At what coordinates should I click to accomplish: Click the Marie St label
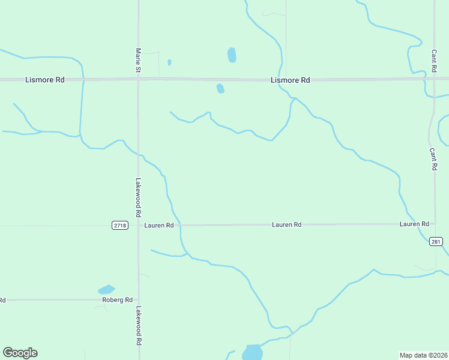pos(138,61)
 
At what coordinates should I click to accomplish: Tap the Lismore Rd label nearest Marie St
pos(45,80)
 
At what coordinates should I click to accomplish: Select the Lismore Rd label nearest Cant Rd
pos(291,80)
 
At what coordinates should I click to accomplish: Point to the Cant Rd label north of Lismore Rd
pos(433,61)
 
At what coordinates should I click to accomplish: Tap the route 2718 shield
pos(119,225)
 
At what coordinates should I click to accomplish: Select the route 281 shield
pos(436,242)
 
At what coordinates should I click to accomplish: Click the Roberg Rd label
pos(117,300)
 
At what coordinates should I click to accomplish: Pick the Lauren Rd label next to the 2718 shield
pos(159,225)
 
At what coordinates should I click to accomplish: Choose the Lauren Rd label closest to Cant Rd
pos(414,224)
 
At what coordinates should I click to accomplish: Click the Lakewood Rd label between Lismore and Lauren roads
pos(138,197)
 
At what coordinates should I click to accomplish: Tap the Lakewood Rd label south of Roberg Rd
pos(138,326)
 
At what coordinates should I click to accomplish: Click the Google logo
pos(20,353)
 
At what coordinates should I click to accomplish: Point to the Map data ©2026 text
pos(423,355)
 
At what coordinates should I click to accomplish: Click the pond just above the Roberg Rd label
pos(107,290)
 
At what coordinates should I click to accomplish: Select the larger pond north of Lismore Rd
pos(232,55)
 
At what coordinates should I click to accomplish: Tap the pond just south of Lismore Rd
pos(220,89)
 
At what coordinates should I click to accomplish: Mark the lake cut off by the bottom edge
pos(253,352)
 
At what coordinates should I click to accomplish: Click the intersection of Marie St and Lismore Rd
pos(138,79)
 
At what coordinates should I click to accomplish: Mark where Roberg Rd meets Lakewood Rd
pos(138,300)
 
